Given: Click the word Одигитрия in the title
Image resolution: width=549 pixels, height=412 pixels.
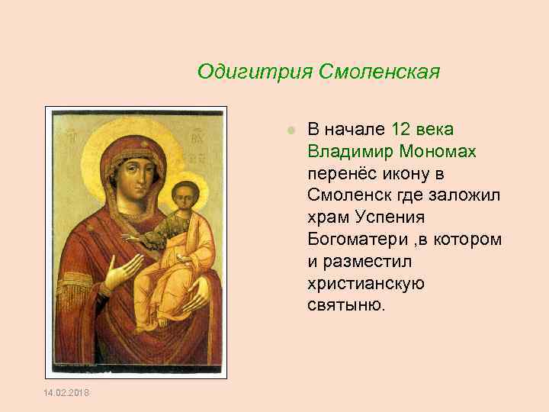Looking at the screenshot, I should coord(242,72).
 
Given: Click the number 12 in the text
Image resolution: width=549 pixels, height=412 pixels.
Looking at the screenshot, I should coord(400,129).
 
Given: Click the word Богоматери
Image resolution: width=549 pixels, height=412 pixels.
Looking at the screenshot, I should coord(350,240).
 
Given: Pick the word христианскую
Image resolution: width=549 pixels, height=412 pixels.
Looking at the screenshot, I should coord(366,284).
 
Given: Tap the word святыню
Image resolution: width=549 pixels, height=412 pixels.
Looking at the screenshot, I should coord(347,306).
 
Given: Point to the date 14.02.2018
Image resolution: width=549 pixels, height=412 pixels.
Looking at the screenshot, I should coord(68,392).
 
